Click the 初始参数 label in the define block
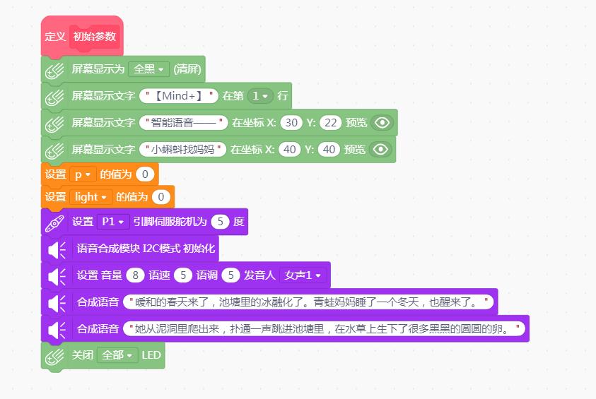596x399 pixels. (94, 37)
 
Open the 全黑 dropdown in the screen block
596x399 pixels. (148, 69)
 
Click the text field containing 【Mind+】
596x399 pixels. (179, 95)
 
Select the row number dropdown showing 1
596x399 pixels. (260, 95)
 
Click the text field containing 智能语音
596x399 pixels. (184, 123)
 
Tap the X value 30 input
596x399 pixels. (291, 123)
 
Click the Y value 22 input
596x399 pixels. (330, 123)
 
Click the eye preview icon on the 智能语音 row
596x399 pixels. (382, 123)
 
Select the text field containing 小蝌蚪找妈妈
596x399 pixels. (183, 149)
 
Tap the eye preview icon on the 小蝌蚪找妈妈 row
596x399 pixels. (380, 149)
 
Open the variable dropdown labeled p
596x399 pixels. (83, 174)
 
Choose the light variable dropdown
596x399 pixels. (90, 197)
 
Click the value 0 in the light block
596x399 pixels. (160, 197)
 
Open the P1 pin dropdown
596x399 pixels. (113, 222)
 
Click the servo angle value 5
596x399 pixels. (220, 222)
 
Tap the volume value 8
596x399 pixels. (135, 275)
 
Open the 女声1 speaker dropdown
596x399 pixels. (303, 275)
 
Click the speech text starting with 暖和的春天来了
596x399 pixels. (308, 302)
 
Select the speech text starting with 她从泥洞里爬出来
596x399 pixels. (324, 329)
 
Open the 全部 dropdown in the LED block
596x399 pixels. (117, 355)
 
